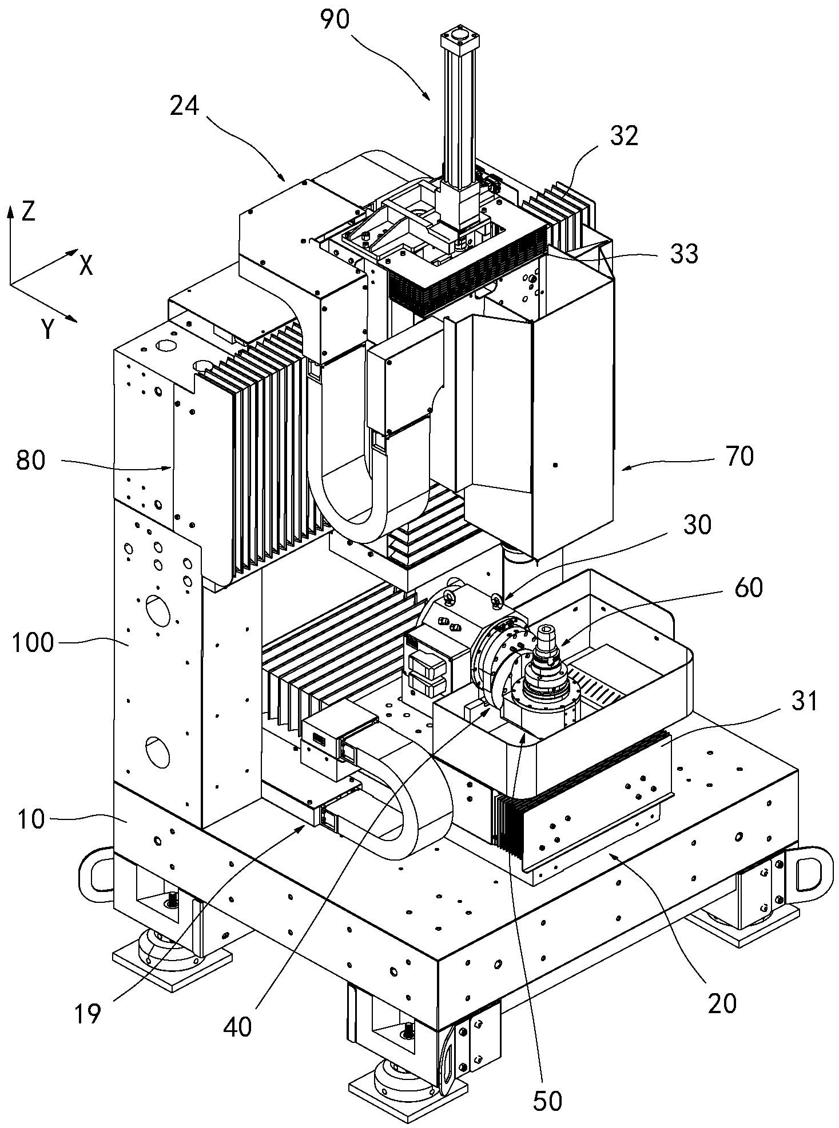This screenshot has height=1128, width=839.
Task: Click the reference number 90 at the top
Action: (x=335, y=20)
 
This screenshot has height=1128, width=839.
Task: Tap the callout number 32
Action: (x=623, y=136)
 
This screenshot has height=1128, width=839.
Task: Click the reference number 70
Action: (x=739, y=456)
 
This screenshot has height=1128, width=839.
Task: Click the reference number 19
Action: (x=88, y=1013)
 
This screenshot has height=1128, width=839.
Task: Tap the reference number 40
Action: (x=238, y=1028)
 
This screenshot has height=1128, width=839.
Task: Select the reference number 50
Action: (x=547, y=1101)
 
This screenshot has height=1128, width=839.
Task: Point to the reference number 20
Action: (x=722, y=1003)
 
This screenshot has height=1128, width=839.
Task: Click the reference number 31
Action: (x=804, y=702)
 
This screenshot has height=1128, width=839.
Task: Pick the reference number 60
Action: (x=747, y=587)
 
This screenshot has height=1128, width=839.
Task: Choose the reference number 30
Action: (x=696, y=525)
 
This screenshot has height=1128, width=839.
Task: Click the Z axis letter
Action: (x=27, y=211)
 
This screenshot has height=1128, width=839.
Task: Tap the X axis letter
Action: (x=86, y=265)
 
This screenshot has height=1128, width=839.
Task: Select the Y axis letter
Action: (x=48, y=330)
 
